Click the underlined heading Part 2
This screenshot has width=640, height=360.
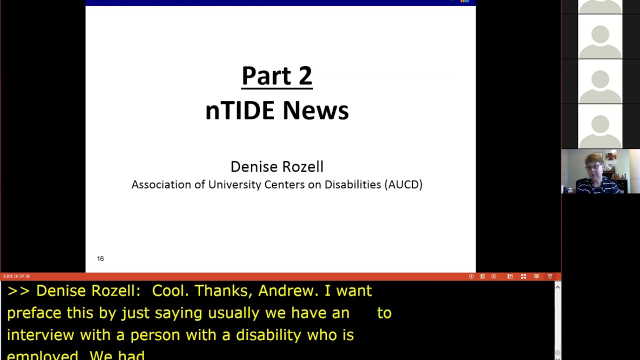click(x=276, y=76)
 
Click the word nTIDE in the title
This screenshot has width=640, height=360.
click(x=240, y=110)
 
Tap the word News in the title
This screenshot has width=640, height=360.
click(x=315, y=110)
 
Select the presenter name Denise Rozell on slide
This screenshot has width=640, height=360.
click(x=276, y=166)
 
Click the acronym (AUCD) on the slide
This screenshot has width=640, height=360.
click(x=403, y=184)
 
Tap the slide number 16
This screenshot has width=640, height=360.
click(x=100, y=258)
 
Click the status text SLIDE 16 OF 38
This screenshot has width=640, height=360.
click(x=16, y=276)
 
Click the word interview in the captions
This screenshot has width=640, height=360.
click(x=40, y=335)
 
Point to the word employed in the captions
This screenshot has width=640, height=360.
click(x=42, y=355)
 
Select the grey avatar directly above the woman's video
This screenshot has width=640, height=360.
click(x=600, y=126)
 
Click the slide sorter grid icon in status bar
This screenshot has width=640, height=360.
click(x=523, y=276)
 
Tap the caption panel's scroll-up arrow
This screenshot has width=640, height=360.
click(x=557, y=287)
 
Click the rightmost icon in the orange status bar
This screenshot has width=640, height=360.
click(x=550, y=276)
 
